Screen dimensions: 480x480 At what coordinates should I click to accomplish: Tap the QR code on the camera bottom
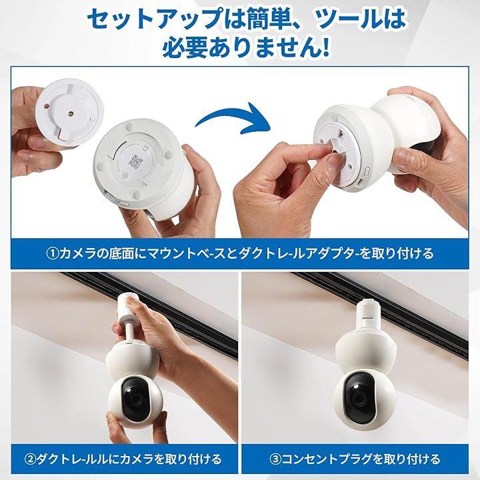coord(135,161)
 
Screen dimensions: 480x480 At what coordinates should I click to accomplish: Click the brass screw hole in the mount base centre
coord(71,113)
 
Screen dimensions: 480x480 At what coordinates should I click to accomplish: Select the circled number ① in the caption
coord(52,254)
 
